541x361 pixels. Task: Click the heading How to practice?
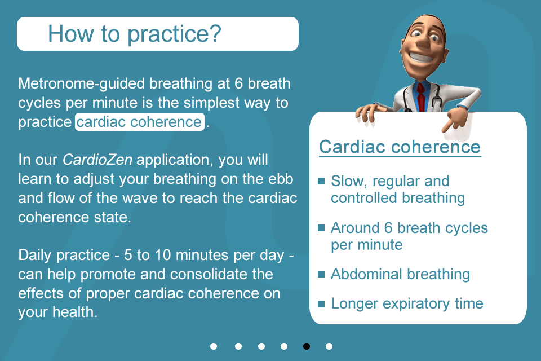(135, 34)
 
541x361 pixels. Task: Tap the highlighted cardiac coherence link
(139, 122)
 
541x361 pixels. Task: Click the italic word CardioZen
(97, 160)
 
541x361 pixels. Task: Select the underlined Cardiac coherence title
(400, 147)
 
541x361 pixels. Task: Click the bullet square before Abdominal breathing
(321, 274)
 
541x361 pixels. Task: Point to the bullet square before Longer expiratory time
(321, 304)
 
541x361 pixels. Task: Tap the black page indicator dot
(307, 346)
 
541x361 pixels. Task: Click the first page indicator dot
(214, 346)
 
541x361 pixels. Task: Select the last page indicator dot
(329, 346)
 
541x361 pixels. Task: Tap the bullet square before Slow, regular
(321, 181)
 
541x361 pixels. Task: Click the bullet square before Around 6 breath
(321, 228)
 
